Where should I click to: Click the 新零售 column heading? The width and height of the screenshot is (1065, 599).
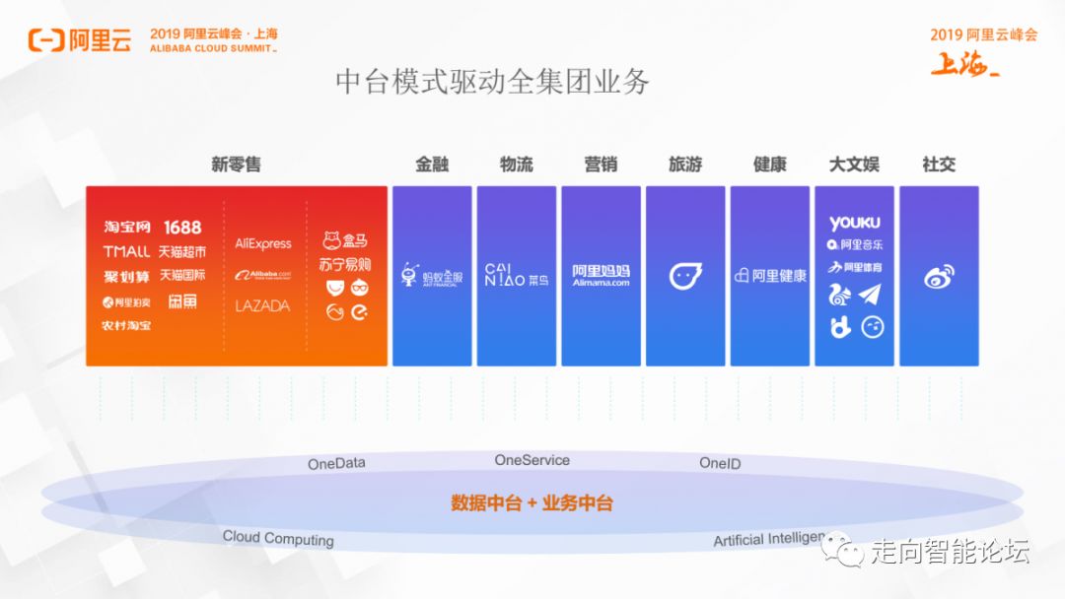click(236, 165)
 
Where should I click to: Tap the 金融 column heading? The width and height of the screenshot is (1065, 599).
click(432, 165)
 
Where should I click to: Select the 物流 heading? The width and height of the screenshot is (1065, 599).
click(516, 165)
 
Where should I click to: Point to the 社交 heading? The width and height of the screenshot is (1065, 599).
click(938, 165)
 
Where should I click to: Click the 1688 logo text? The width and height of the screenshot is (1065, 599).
click(182, 228)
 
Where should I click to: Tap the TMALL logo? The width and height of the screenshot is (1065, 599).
click(127, 252)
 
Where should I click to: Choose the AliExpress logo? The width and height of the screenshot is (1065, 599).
click(263, 243)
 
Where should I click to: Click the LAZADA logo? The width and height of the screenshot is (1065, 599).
click(262, 306)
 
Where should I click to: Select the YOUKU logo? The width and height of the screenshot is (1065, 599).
click(854, 224)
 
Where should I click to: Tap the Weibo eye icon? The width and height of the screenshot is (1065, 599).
click(939, 278)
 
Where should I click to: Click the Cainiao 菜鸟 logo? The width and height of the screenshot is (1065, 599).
click(517, 275)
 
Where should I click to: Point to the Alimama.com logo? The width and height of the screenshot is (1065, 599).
click(601, 275)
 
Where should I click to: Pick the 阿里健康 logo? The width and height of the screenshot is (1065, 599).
click(770, 276)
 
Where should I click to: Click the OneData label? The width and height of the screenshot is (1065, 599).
click(336, 463)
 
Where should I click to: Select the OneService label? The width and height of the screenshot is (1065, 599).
click(532, 460)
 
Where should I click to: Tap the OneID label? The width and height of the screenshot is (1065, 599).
click(720, 463)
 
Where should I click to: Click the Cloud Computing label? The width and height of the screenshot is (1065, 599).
click(278, 538)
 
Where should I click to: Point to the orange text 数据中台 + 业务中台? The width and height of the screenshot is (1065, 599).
click(532, 503)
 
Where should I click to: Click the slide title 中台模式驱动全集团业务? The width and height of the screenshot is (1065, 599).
click(492, 82)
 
